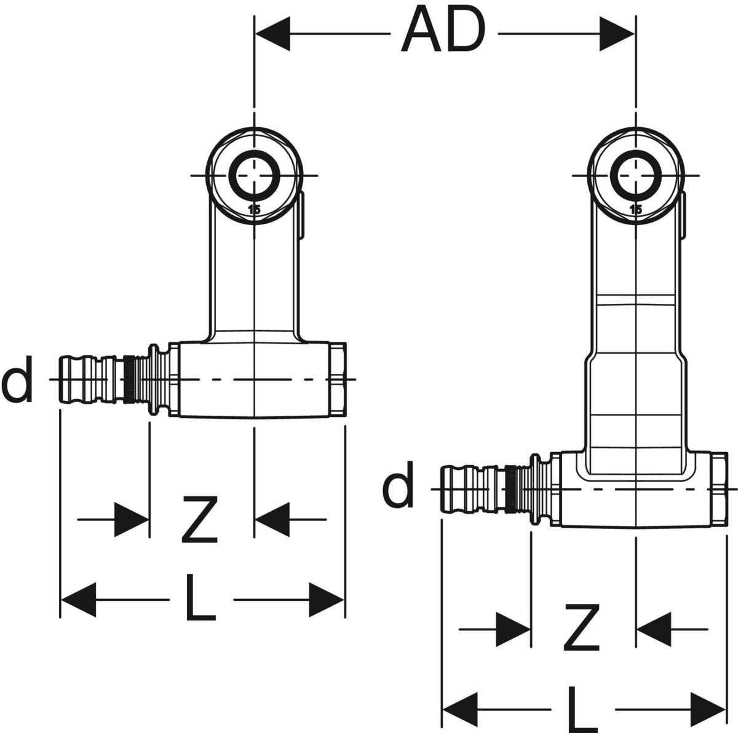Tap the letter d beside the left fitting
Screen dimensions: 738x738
click(x=17, y=382)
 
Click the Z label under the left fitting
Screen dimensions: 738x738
click(x=200, y=520)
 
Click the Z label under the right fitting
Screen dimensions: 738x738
click(x=582, y=628)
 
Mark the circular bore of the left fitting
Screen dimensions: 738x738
click(x=254, y=175)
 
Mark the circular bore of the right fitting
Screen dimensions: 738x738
click(x=636, y=175)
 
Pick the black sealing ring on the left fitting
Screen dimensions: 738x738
click(x=129, y=381)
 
